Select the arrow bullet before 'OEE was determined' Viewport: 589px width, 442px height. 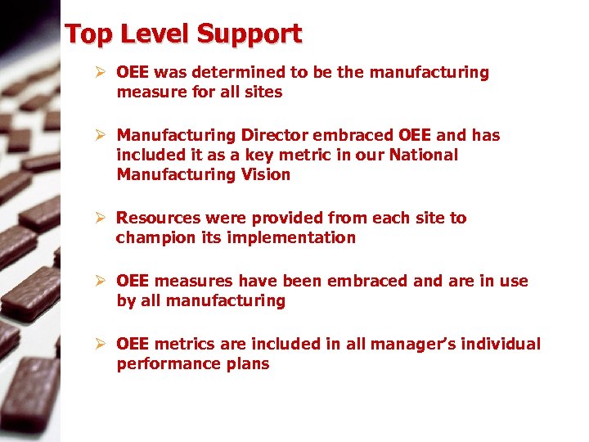[100, 72]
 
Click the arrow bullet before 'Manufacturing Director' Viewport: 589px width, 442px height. [100, 135]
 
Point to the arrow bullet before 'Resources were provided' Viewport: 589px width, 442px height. [100, 218]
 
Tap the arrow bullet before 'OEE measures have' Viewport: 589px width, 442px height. [100, 281]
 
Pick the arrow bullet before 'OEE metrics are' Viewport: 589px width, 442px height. [100, 344]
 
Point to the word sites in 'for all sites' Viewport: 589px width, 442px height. [263, 92]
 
